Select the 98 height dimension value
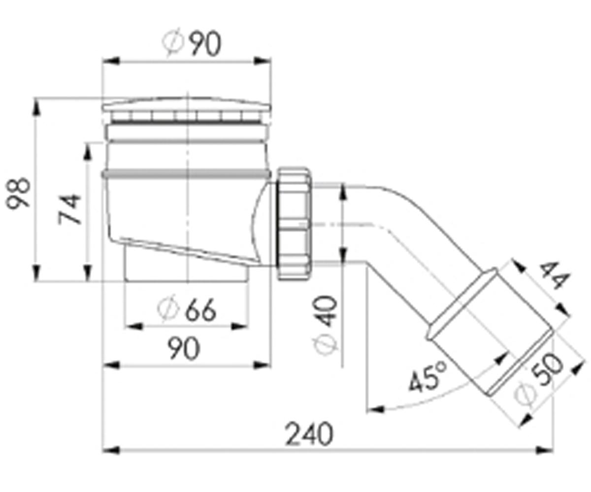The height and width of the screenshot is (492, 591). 18,193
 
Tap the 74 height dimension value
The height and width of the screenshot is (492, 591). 69,209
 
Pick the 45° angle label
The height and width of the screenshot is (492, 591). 427,377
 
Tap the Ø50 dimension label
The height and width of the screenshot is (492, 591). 538,379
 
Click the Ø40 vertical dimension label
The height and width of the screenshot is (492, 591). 326,325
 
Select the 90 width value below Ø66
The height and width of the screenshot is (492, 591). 184,349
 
